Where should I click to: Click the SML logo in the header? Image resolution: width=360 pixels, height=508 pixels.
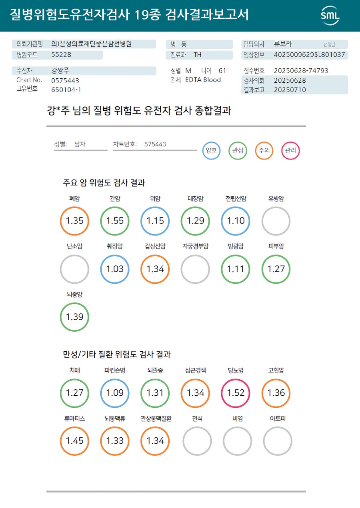(x=330, y=16)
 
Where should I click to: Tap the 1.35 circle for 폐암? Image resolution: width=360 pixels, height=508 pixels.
(x=74, y=221)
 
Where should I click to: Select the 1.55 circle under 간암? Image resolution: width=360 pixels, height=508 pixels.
(x=115, y=221)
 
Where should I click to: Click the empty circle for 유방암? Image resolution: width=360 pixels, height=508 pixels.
(x=276, y=221)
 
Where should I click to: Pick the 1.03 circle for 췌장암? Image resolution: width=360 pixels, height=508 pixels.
(x=115, y=269)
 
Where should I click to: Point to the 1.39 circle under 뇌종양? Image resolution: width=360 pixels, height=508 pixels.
(x=74, y=317)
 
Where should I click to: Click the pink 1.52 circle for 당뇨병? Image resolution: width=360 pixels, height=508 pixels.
(x=236, y=392)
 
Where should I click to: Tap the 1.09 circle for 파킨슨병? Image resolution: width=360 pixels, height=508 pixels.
(x=115, y=392)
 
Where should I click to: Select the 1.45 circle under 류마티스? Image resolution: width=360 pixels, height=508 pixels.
(x=74, y=441)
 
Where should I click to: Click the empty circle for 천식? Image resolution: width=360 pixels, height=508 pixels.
(x=197, y=441)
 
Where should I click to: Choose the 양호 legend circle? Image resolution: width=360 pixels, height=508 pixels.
(x=211, y=151)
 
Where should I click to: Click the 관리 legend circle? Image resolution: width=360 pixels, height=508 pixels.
(x=290, y=151)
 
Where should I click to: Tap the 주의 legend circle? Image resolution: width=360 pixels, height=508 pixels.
(x=264, y=151)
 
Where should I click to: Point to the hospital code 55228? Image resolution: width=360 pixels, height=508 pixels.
(x=61, y=55)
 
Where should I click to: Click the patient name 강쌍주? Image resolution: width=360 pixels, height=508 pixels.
(x=60, y=71)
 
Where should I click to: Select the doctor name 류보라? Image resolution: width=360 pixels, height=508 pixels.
(x=283, y=44)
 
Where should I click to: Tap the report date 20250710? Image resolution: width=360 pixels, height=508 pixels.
(x=290, y=90)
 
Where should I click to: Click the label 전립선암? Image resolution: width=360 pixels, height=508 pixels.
(x=236, y=199)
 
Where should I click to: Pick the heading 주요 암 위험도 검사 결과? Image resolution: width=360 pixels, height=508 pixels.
(x=104, y=183)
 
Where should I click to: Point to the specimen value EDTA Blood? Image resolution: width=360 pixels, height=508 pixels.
(x=203, y=80)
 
